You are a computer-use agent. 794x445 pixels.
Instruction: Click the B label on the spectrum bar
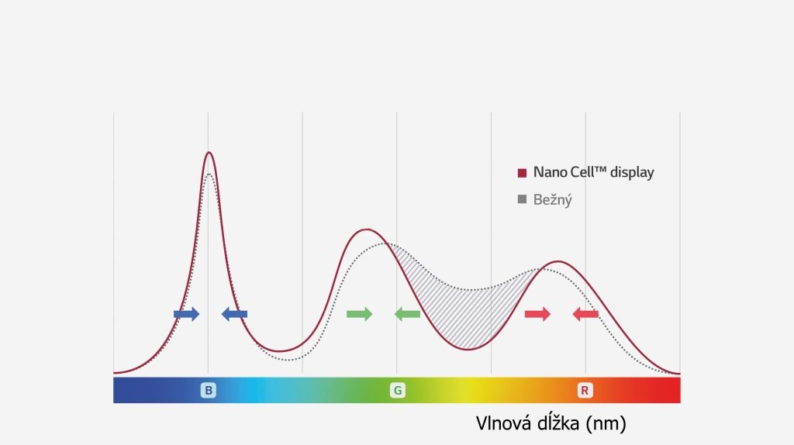pos(208,391)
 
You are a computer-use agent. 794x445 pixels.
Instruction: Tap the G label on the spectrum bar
pos(397,391)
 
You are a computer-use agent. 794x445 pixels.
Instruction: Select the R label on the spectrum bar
pos(585,391)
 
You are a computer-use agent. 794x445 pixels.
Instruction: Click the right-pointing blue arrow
pos(186,314)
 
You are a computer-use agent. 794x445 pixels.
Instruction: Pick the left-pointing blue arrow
pos(234,314)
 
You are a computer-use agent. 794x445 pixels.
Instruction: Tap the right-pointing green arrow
pos(359,314)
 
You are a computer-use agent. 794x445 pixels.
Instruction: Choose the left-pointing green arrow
pos(407,314)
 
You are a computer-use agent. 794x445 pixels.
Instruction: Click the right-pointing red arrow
pos(537,314)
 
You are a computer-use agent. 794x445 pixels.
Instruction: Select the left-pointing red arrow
pos(585,314)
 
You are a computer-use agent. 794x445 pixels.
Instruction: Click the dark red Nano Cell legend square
pos(522,172)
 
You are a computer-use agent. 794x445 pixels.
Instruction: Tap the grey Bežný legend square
pos(522,200)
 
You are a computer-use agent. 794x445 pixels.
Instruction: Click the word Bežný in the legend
pos(553,200)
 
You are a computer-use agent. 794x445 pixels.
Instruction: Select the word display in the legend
pos(632,172)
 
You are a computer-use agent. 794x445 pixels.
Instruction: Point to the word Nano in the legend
pos(550,172)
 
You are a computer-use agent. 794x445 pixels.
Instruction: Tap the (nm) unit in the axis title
pos(606,424)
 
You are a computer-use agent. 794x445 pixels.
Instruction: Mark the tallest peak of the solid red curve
pos(208,153)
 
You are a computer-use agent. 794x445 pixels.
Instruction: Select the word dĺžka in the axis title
pos(558,424)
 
